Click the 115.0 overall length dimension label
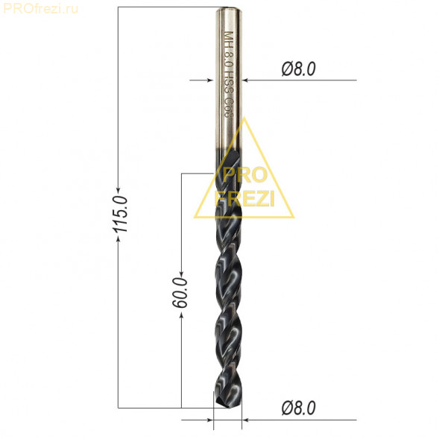click(x=120, y=214)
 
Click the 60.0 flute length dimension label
click(x=180, y=293)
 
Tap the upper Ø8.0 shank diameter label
click(x=298, y=69)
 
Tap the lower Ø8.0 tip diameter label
click(x=298, y=408)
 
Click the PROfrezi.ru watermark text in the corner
click(x=40, y=9)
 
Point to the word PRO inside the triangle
click(x=245, y=174)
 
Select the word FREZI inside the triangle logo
click(x=244, y=198)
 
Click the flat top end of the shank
click(x=229, y=8)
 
